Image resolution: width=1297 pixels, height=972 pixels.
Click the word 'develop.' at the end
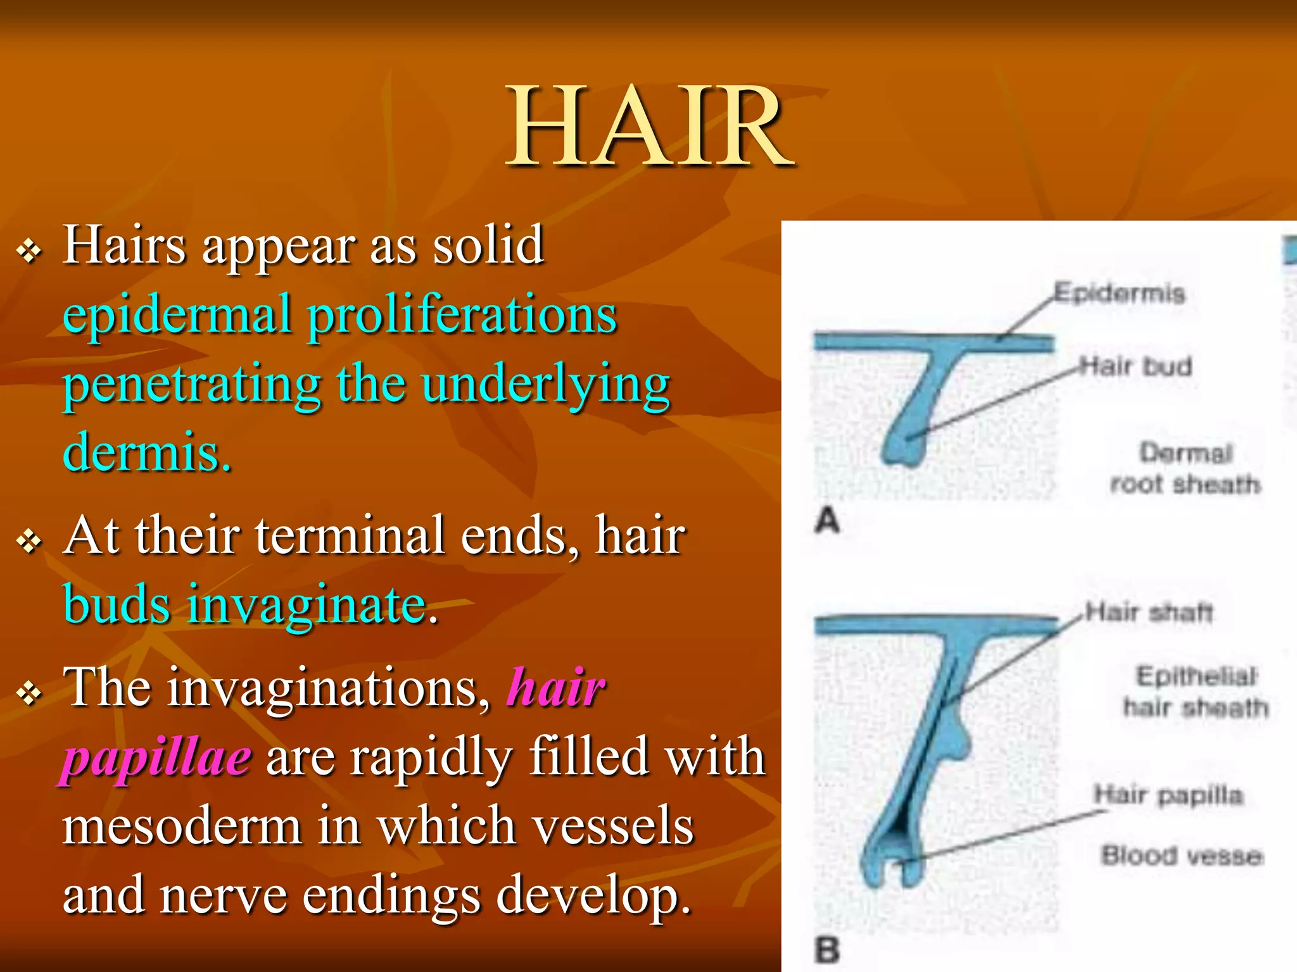coord(593,896)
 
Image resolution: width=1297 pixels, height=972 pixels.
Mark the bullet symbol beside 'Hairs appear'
coord(29,252)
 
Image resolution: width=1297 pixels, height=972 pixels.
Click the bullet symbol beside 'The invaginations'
coord(29,694)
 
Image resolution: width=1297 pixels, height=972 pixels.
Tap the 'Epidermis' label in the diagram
coord(1119,293)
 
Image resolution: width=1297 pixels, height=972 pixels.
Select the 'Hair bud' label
coord(1136,366)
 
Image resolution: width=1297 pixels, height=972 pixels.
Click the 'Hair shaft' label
coord(1149,612)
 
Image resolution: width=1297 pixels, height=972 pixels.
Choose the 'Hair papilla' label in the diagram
coord(1169,795)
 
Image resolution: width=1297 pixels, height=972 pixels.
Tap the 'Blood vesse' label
coord(1182,856)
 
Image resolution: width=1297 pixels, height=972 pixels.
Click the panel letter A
coord(827,521)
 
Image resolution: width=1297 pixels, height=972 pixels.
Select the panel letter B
coord(827,949)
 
